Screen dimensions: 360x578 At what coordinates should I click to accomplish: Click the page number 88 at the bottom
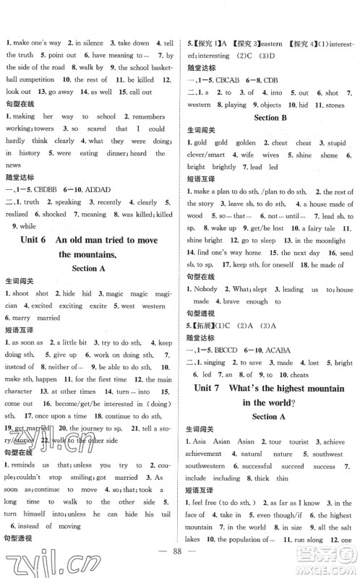(180, 563)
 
